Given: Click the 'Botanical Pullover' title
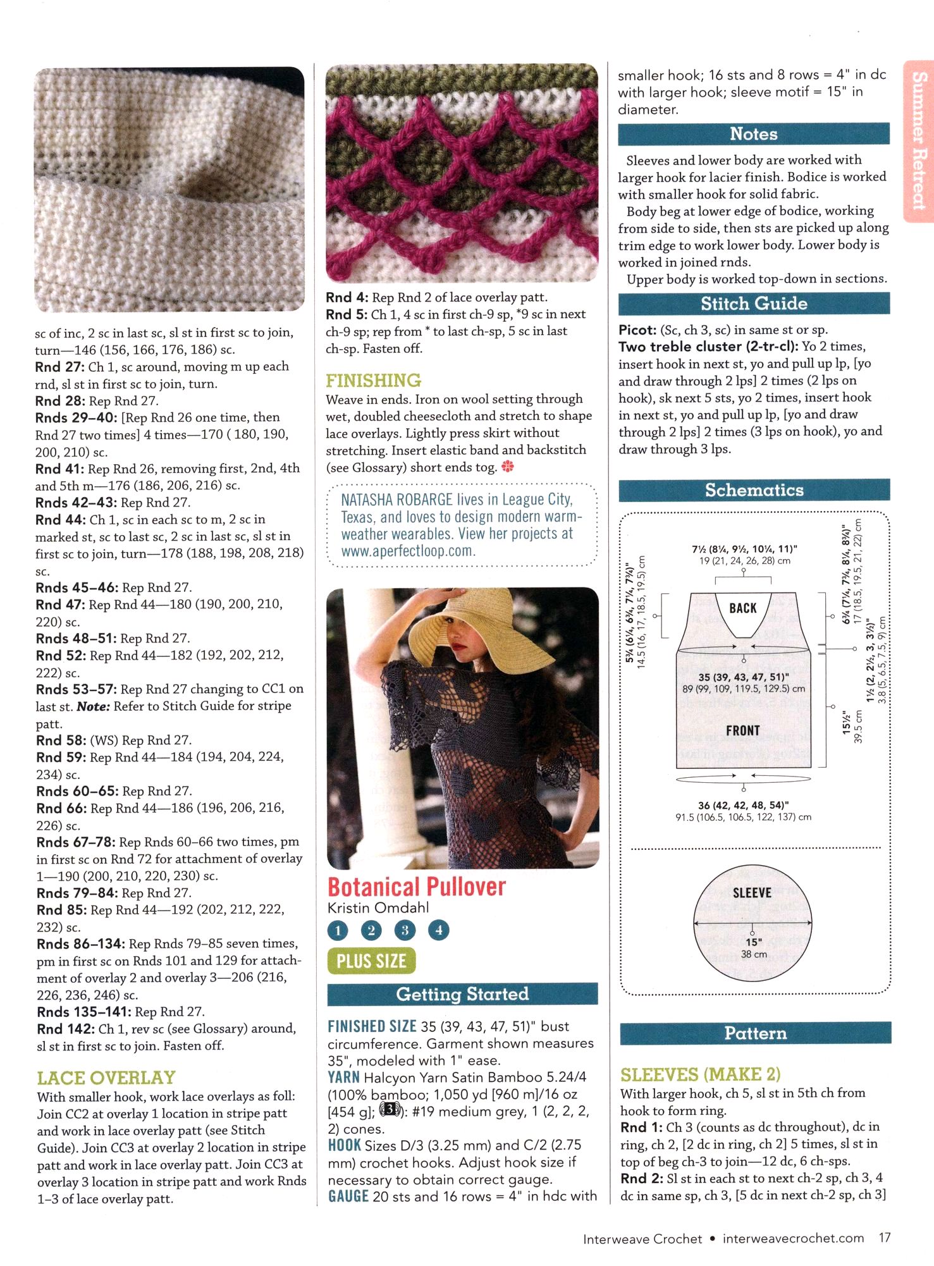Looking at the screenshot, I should [x=417, y=887].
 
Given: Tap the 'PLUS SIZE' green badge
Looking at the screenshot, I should [x=371, y=961].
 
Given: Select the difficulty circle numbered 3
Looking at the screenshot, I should [x=405, y=930].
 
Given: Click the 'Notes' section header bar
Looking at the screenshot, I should [x=754, y=134].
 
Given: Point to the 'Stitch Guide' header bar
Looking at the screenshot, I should [x=754, y=304].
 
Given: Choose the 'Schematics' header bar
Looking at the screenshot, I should [x=754, y=490].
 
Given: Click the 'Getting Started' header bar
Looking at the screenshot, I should [x=462, y=994].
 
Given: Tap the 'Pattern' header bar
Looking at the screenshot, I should [x=755, y=1033].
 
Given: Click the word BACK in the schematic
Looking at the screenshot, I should [x=743, y=608].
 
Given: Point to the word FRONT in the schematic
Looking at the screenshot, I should [x=743, y=731].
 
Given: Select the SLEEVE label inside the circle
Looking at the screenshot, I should [x=752, y=893].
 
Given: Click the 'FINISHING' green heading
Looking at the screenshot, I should [x=373, y=381].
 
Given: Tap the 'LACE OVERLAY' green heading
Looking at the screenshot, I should [x=106, y=1078].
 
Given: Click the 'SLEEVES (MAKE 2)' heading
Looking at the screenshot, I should [x=700, y=1074].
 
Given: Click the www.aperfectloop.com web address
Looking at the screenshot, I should [x=408, y=551].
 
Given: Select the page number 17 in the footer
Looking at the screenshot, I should [x=884, y=1238].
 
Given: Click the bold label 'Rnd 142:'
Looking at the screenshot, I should [x=65, y=1029].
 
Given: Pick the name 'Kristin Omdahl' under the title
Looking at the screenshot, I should [x=378, y=908].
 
